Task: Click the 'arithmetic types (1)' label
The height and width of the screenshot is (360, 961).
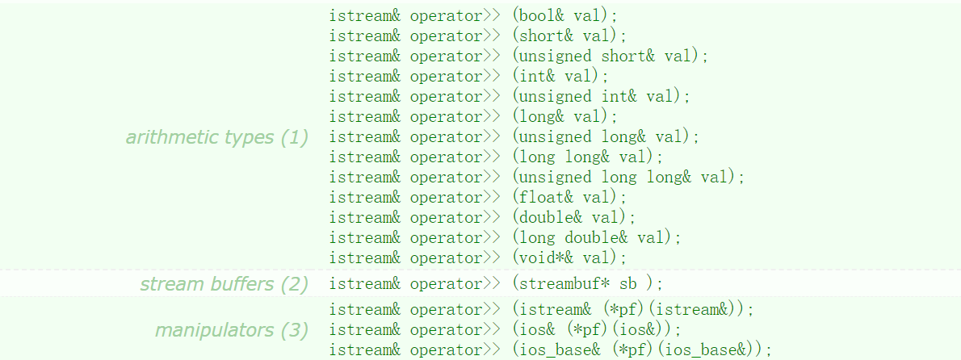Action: coord(217,137)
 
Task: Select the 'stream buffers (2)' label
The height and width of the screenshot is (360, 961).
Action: coord(225,284)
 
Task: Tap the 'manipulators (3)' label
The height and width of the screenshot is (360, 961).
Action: coord(232,330)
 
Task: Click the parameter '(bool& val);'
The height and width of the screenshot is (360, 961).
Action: coord(569,16)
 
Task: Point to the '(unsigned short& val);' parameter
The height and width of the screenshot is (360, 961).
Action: coord(610,57)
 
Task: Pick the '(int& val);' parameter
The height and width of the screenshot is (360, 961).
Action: coord(560,77)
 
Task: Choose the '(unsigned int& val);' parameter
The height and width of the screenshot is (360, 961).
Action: coord(601,97)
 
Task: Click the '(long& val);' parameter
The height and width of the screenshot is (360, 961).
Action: coord(564,117)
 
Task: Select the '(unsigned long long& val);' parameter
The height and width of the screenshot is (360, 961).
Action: coord(628,178)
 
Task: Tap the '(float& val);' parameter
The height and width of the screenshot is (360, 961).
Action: coord(569,198)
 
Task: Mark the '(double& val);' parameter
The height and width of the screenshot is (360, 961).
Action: coord(573,218)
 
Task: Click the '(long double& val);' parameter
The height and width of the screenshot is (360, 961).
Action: coord(596,238)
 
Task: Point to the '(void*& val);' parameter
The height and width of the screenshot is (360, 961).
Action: coord(569,258)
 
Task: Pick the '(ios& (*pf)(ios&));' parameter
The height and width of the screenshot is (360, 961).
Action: coord(596,330)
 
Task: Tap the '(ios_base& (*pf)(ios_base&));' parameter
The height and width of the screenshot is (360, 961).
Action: coord(642,350)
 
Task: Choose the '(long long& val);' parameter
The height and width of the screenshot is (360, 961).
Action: coord(587,157)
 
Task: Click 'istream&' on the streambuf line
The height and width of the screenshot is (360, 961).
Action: coord(365,284)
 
